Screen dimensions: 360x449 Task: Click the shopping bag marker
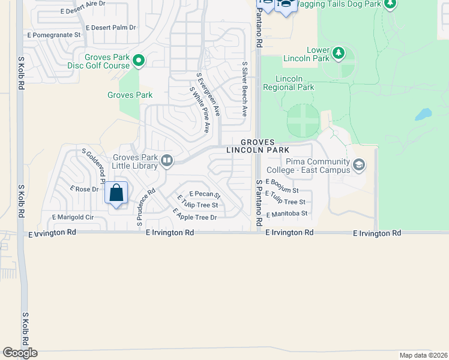click(x=116, y=194)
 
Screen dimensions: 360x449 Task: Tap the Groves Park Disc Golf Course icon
click(x=139, y=60)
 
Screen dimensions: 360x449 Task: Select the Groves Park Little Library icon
click(x=167, y=160)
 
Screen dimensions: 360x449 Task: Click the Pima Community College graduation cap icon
click(x=359, y=165)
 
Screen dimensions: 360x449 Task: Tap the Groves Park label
click(x=130, y=95)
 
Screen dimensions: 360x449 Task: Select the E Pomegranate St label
click(x=54, y=35)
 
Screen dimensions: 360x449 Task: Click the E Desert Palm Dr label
click(x=111, y=28)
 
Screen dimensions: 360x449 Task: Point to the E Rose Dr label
click(x=84, y=189)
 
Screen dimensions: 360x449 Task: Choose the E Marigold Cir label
click(x=73, y=217)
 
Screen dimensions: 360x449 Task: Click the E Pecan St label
click(x=205, y=194)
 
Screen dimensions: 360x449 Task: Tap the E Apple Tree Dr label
click(x=194, y=214)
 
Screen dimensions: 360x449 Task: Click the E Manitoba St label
click(x=286, y=213)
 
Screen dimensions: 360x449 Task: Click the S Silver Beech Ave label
click(x=245, y=89)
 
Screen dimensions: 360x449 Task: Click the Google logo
click(x=20, y=353)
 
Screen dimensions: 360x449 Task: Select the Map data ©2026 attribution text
click(x=423, y=355)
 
